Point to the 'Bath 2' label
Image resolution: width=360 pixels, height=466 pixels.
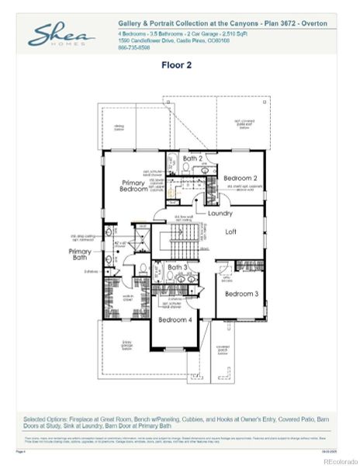(192, 158)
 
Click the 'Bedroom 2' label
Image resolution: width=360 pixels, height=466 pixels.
(240, 178)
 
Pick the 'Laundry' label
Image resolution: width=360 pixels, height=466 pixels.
(220, 212)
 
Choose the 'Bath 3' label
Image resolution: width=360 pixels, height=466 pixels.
(178, 267)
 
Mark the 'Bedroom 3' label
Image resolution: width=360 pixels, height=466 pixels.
(241, 294)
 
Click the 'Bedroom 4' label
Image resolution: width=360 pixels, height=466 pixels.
(175, 319)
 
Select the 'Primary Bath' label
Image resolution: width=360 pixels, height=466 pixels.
(81, 256)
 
